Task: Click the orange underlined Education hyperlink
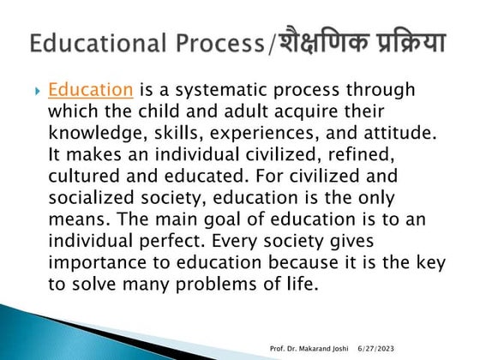pos(90,89)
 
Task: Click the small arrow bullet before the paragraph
pos(36,90)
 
